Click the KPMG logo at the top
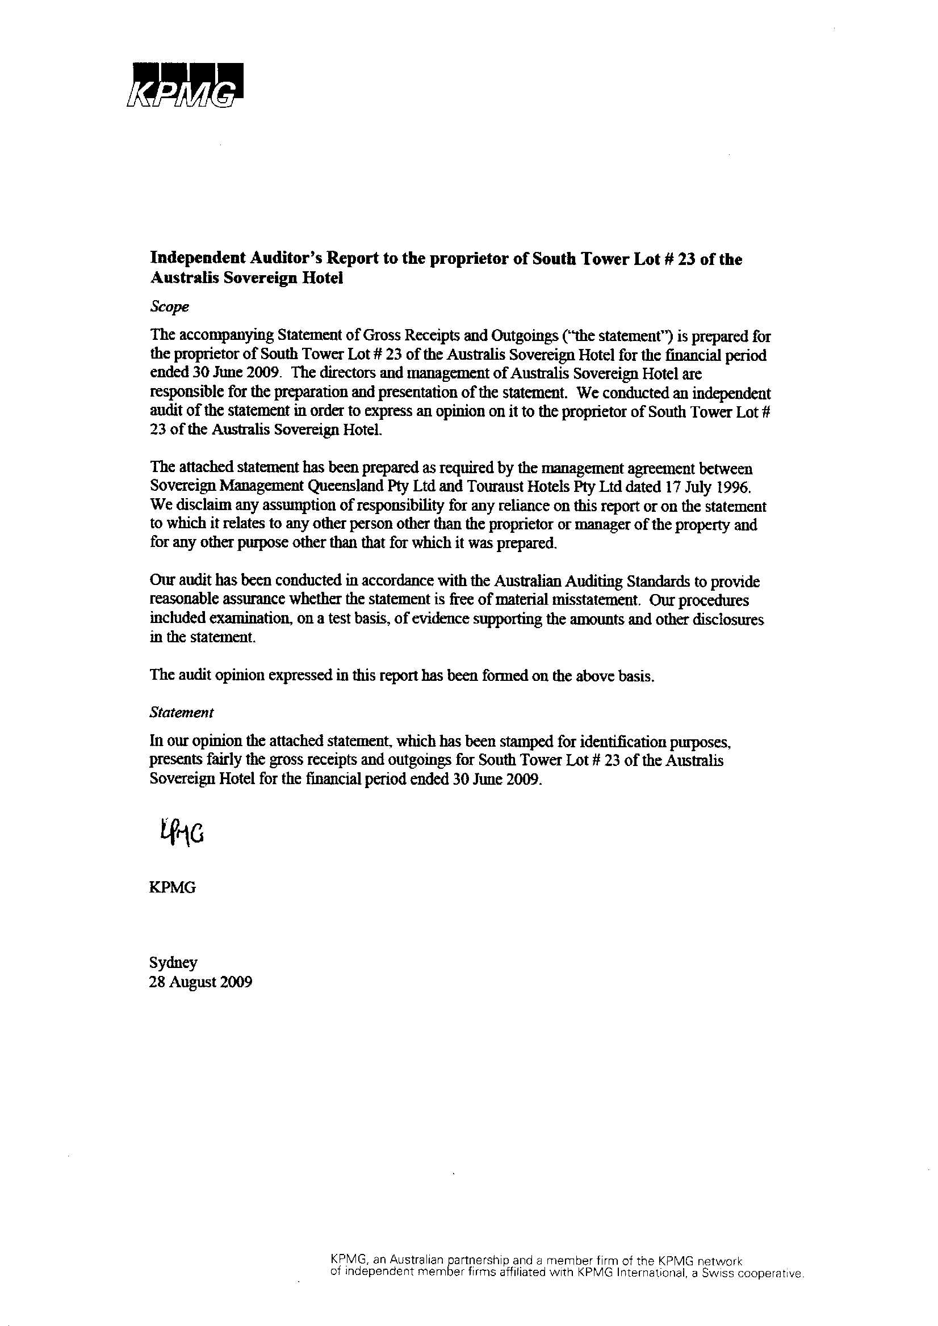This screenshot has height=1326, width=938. (x=184, y=85)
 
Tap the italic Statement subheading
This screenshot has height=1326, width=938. (x=181, y=713)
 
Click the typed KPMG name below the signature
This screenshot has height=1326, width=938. (x=172, y=887)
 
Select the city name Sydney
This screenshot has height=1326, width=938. (x=173, y=963)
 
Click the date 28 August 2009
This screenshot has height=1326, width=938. (x=200, y=982)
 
